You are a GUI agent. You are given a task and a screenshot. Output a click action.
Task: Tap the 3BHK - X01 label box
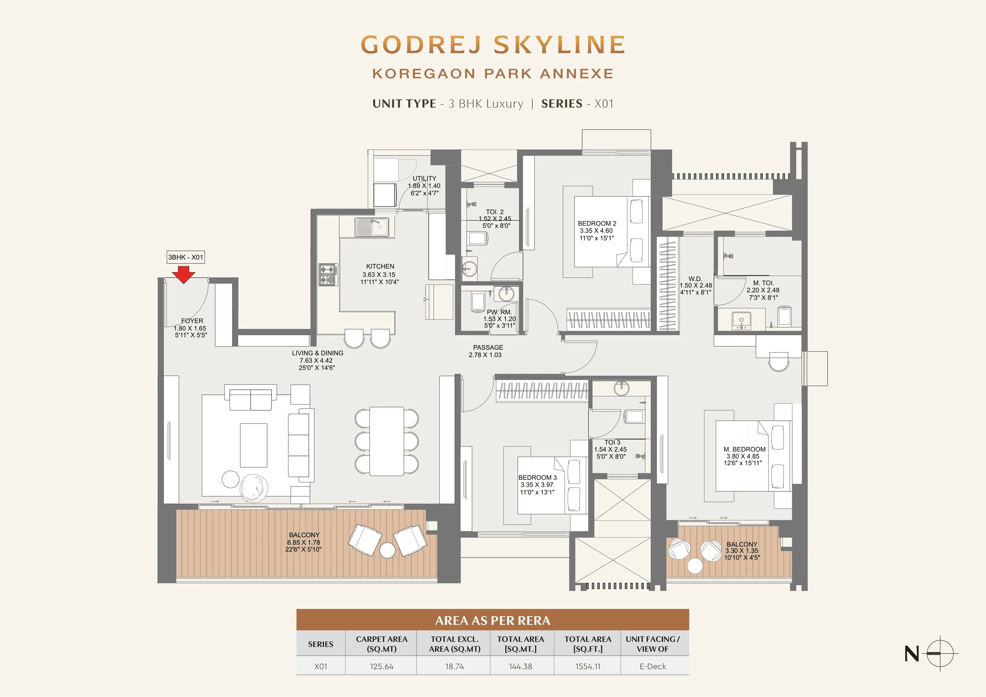[185, 257]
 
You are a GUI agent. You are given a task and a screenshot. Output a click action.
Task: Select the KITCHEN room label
[380, 266]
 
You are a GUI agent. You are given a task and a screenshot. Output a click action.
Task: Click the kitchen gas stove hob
[328, 275]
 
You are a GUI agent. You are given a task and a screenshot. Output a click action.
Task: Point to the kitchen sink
[372, 227]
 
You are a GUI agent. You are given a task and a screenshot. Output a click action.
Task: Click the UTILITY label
[424, 178]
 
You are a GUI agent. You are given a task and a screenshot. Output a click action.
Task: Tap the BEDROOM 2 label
[597, 223]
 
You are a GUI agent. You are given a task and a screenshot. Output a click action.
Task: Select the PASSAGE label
[488, 347]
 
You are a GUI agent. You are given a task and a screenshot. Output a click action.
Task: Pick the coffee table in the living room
[253, 445]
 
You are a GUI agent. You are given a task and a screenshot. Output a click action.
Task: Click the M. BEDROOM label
[744, 449]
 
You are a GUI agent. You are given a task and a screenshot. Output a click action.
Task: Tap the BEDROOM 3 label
[537, 478]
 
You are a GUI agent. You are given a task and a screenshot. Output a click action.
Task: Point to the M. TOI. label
[763, 283]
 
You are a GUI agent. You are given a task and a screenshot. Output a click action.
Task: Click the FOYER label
[192, 321]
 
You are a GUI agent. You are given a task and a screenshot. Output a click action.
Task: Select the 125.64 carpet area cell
[381, 667]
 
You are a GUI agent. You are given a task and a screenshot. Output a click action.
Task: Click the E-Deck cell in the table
[652, 667]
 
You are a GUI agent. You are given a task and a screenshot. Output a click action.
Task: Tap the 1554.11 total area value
[587, 667]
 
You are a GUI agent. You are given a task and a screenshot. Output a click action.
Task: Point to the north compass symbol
[940, 653]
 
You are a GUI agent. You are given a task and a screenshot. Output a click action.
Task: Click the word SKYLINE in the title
[559, 45]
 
